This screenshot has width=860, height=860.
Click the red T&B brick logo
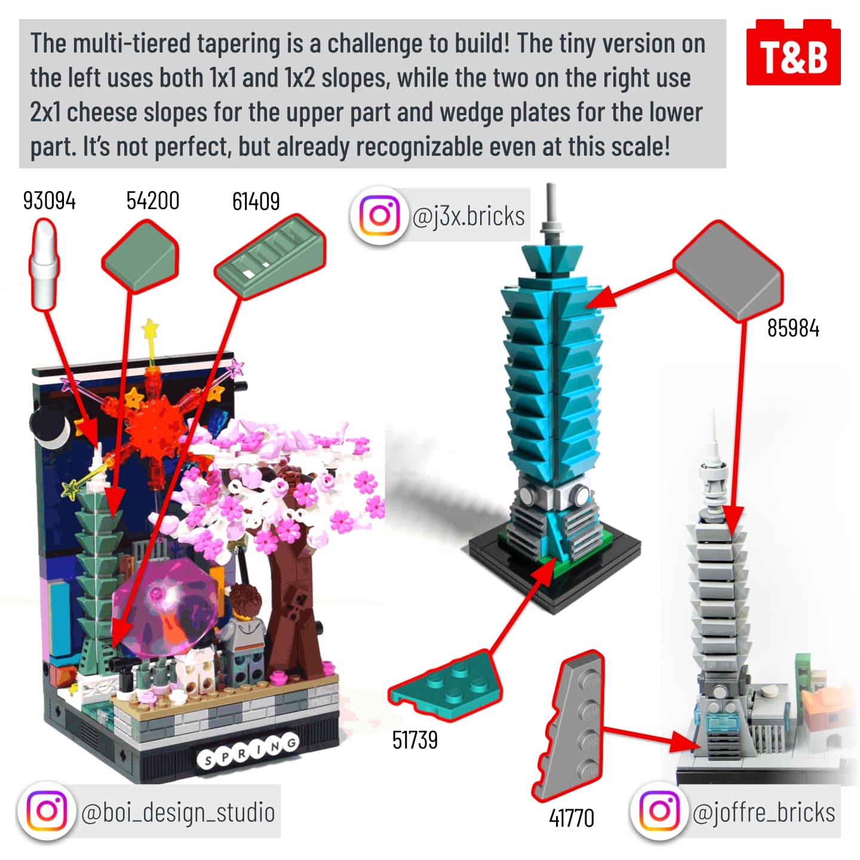click(x=793, y=52)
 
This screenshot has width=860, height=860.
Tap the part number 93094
click(x=49, y=201)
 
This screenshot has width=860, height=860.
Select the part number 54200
click(x=153, y=201)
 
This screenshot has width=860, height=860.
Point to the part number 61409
click(x=256, y=201)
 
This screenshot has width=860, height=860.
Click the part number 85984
click(x=793, y=328)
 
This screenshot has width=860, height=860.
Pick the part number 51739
click(x=414, y=740)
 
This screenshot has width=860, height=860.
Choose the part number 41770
click(x=572, y=818)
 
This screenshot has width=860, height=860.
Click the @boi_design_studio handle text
click(x=178, y=812)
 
